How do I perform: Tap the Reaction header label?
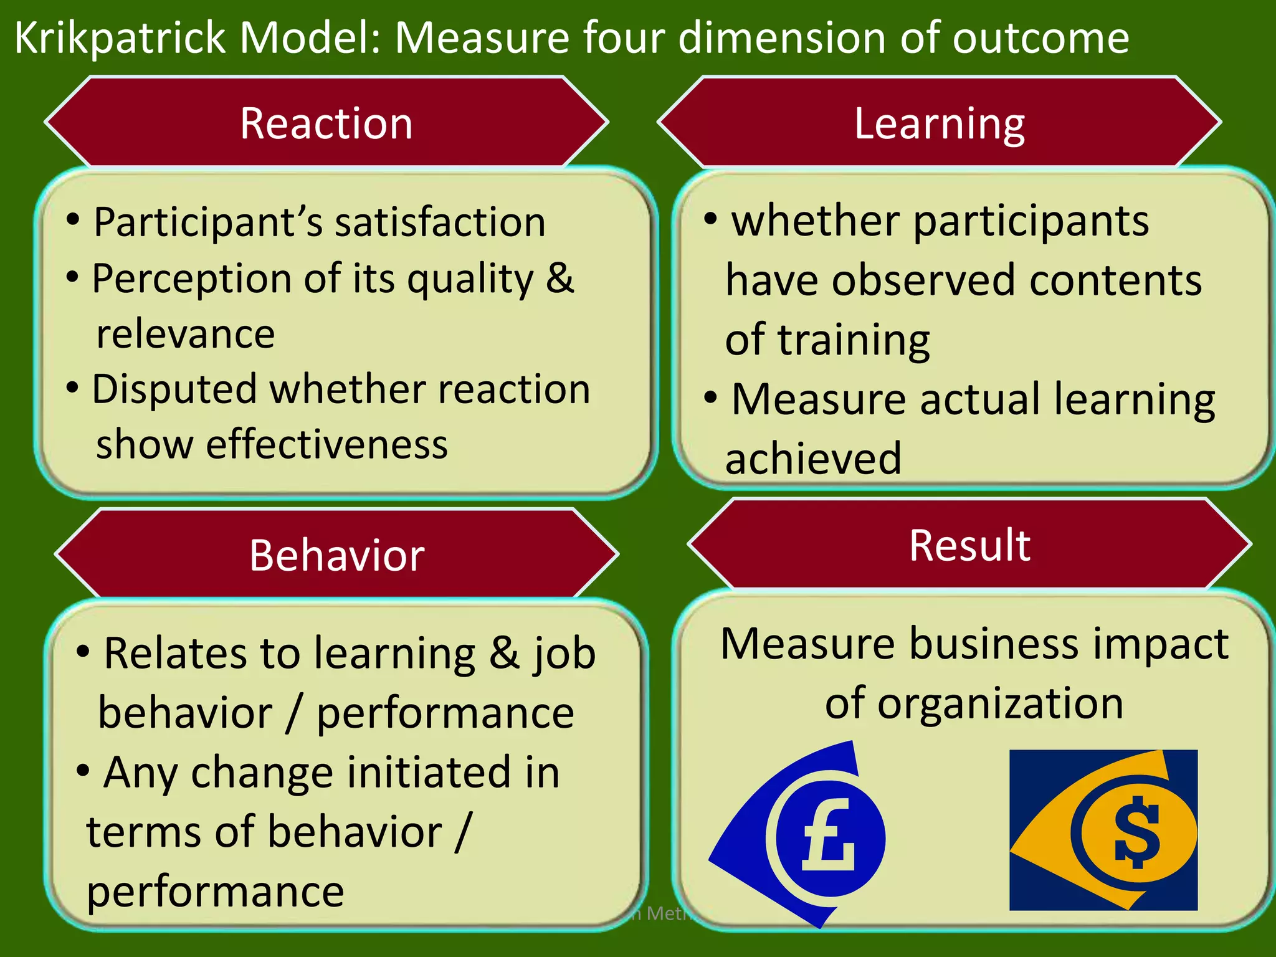pyautogui.click(x=326, y=123)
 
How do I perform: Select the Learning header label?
pyautogui.click(x=939, y=123)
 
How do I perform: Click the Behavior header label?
pyautogui.click(x=337, y=555)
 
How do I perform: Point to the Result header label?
pyautogui.click(x=969, y=545)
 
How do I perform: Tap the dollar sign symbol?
pyautogui.click(x=1138, y=832)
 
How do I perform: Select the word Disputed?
pyautogui.click(x=174, y=389)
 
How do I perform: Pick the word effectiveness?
pyautogui.click(x=327, y=445)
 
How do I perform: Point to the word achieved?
pyautogui.click(x=813, y=459)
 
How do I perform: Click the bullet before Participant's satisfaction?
pyautogui.click(x=73, y=219)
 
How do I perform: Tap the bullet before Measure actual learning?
pyautogui.click(x=710, y=396)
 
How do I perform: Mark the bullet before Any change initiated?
pyautogui.click(x=83, y=770)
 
